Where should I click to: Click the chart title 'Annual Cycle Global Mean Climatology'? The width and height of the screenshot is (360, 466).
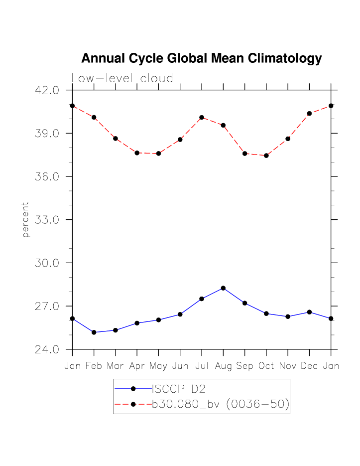click(x=201, y=58)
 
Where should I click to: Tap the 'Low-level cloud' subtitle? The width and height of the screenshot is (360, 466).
click(x=122, y=79)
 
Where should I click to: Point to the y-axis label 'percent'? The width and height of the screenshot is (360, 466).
click(x=26, y=219)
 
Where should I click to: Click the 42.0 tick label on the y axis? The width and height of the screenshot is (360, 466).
click(x=47, y=90)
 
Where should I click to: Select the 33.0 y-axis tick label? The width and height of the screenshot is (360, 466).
click(x=47, y=220)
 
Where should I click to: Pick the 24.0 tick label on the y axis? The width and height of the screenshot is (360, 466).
click(x=47, y=349)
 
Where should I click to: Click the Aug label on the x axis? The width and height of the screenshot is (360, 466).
click(x=223, y=366)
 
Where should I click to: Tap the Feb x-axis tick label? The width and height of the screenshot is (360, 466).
click(x=94, y=366)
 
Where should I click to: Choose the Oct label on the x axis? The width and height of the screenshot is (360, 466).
click(x=266, y=366)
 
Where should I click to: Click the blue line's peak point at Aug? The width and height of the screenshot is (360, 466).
click(x=223, y=288)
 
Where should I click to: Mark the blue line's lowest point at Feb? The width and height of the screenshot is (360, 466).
click(x=94, y=332)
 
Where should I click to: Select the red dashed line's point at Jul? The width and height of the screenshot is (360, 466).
click(x=202, y=118)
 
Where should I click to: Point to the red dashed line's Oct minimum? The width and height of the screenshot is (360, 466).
click(x=266, y=155)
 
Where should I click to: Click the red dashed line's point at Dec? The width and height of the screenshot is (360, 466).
click(x=309, y=114)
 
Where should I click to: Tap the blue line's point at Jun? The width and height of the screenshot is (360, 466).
click(x=180, y=314)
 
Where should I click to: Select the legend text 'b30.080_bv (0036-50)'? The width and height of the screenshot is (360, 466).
click(x=220, y=404)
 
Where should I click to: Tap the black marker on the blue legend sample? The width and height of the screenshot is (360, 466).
click(x=133, y=389)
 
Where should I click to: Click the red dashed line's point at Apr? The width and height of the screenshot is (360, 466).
click(x=137, y=153)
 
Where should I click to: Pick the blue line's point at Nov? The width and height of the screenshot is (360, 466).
click(x=288, y=316)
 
